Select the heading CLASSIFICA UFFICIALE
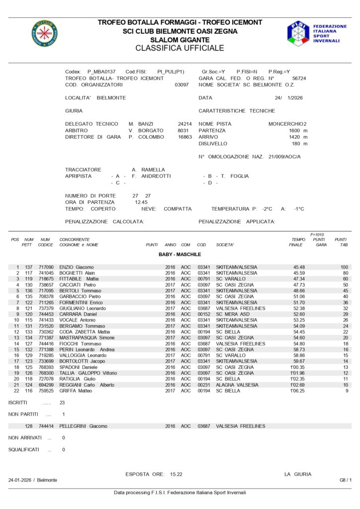[x=180, y=48]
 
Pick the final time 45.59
[x=299, y=273]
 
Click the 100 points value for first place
[x=344, y=267]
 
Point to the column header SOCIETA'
[x=225, y=245]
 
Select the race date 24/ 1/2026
[x=288, y=98]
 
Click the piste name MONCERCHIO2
[x=287, y=124]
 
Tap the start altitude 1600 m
[x=298, y=130]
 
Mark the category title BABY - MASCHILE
[x=180, y=254]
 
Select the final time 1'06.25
[x=297, y=391]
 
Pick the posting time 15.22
[x=176, y=474]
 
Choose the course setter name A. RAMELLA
[x=148, y=170]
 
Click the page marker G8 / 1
[x=345, y=480]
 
